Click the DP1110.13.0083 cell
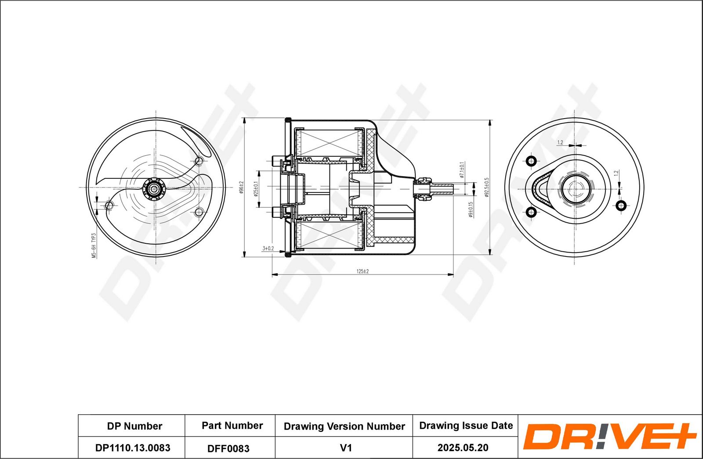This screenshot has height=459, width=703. tap(133, 448)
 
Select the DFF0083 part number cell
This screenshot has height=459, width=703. tap(228, 448)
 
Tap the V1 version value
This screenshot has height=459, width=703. tap(346, 448)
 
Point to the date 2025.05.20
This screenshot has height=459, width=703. tap(463, 448)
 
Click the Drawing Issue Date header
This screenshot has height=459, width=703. tap(466, 425)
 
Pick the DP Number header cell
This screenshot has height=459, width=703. tap(134, 426)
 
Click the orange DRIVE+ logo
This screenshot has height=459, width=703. tap(609, 436)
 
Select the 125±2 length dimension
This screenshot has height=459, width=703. tap(362, 271)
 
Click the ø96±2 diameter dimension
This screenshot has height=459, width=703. tap(241, 188)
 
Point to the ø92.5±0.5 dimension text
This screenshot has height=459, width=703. tap(486, 188)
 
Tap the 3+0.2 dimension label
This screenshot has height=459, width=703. tap(268, 249)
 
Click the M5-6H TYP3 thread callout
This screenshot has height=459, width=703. tap(93, 246)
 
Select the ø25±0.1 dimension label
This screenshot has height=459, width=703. tap(256, 188)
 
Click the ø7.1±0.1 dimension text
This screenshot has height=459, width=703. tap(462, 170)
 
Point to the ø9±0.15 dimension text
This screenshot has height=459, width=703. tap(471, 210)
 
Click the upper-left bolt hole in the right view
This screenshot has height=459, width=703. tap(531, 161)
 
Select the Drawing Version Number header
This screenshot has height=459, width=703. tap(344, 426)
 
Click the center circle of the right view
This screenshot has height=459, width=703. tap(574, 189)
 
